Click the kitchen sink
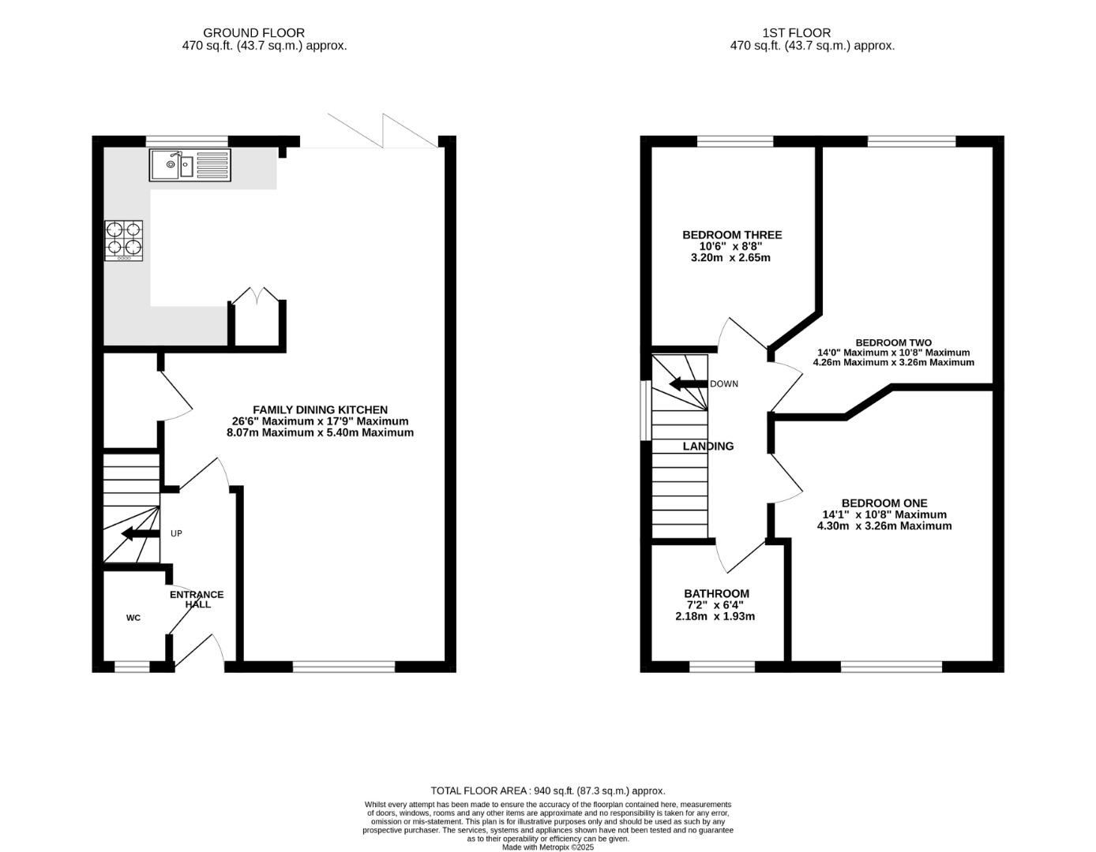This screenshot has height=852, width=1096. point(190,165)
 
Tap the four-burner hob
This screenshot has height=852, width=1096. point(123,241)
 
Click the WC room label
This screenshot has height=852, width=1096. point(133,618)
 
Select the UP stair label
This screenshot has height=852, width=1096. point(176,533)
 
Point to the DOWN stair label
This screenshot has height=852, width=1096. point(724,384)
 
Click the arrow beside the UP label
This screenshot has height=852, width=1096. point(141,533)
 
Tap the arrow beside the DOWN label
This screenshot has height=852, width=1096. point(688,384)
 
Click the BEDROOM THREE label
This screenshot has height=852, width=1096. point(732,235)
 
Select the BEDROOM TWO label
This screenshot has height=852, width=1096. point(893,342)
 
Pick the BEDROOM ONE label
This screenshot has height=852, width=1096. point(884,503)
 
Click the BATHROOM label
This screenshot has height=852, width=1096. point(716,593)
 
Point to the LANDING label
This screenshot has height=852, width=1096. point(708,446)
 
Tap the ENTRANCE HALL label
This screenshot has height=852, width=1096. point(197,600)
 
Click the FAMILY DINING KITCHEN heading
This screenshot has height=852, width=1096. point(321,409)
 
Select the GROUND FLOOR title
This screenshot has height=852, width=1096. point(253,33)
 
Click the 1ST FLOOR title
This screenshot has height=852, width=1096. point(797,33)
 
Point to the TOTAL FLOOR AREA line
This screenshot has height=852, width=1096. point(548,790)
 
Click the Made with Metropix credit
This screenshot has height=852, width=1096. point(548,847)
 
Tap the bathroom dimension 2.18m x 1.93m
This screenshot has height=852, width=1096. point(715,616)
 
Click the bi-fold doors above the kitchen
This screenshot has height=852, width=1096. point(382,131)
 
